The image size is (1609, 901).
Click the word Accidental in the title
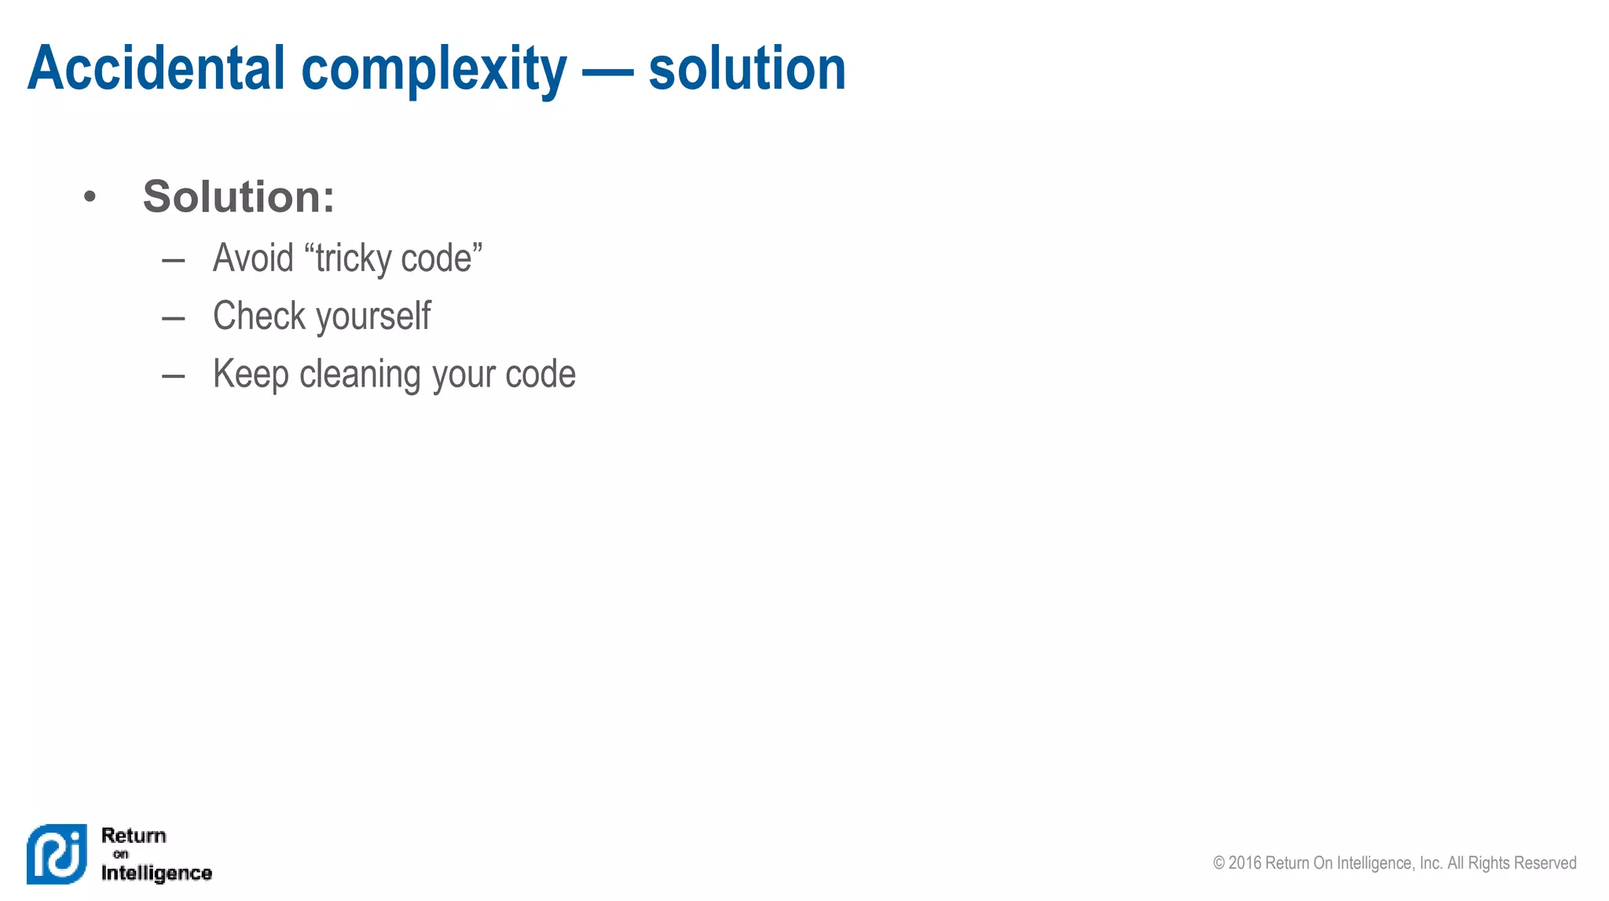coord(156,68)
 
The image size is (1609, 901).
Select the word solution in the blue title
coord(746,68)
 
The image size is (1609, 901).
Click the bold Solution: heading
coord(238,196)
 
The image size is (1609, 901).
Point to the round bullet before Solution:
coord(90,196)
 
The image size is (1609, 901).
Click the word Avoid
coord(253,258)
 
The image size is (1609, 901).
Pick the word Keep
coord(251,375)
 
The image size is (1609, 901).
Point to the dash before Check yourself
coord(173,318)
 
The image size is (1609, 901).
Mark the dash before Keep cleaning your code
coord(173,376)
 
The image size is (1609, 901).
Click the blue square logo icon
coord(57,854)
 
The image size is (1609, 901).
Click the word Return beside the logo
coord(134,836)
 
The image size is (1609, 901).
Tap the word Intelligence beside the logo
coord(156,873)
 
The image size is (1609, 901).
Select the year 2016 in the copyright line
coord(1244,863)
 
